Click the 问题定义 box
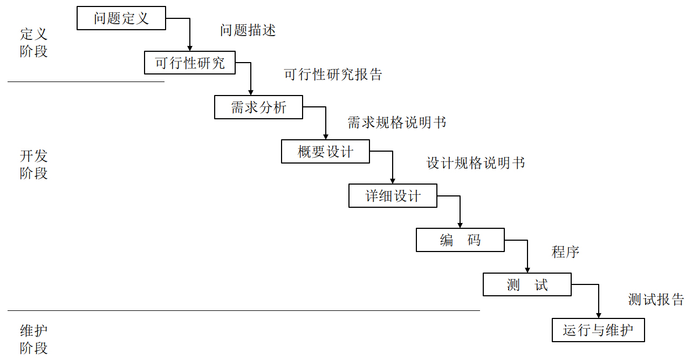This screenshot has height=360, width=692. [121, 18]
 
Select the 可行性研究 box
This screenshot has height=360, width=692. [190, 63]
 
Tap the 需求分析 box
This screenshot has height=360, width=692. [258, 107]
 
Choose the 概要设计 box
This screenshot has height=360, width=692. [325, 151]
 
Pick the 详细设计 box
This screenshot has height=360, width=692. [393, 195]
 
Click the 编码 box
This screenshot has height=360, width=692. [460, 240]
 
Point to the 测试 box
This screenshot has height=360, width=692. [527, 284]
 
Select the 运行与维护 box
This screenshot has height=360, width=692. [598, 330]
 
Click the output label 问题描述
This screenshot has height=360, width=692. [248, 30]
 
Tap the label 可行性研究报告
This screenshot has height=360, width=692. [333, 74]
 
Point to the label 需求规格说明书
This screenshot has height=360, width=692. [396, 123]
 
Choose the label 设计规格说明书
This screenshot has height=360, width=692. [476, 163]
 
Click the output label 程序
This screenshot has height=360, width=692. [565, 252]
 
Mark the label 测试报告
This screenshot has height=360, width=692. [656, 299]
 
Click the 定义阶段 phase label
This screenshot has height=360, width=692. [33, 43]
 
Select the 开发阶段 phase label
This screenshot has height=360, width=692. [33, 164]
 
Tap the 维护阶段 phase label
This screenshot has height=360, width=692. [33, 339]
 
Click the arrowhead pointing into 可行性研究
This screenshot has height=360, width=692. [190, 48]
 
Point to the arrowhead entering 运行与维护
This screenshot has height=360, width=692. [598, 315]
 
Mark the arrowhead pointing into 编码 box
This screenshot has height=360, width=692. [460, 225]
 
